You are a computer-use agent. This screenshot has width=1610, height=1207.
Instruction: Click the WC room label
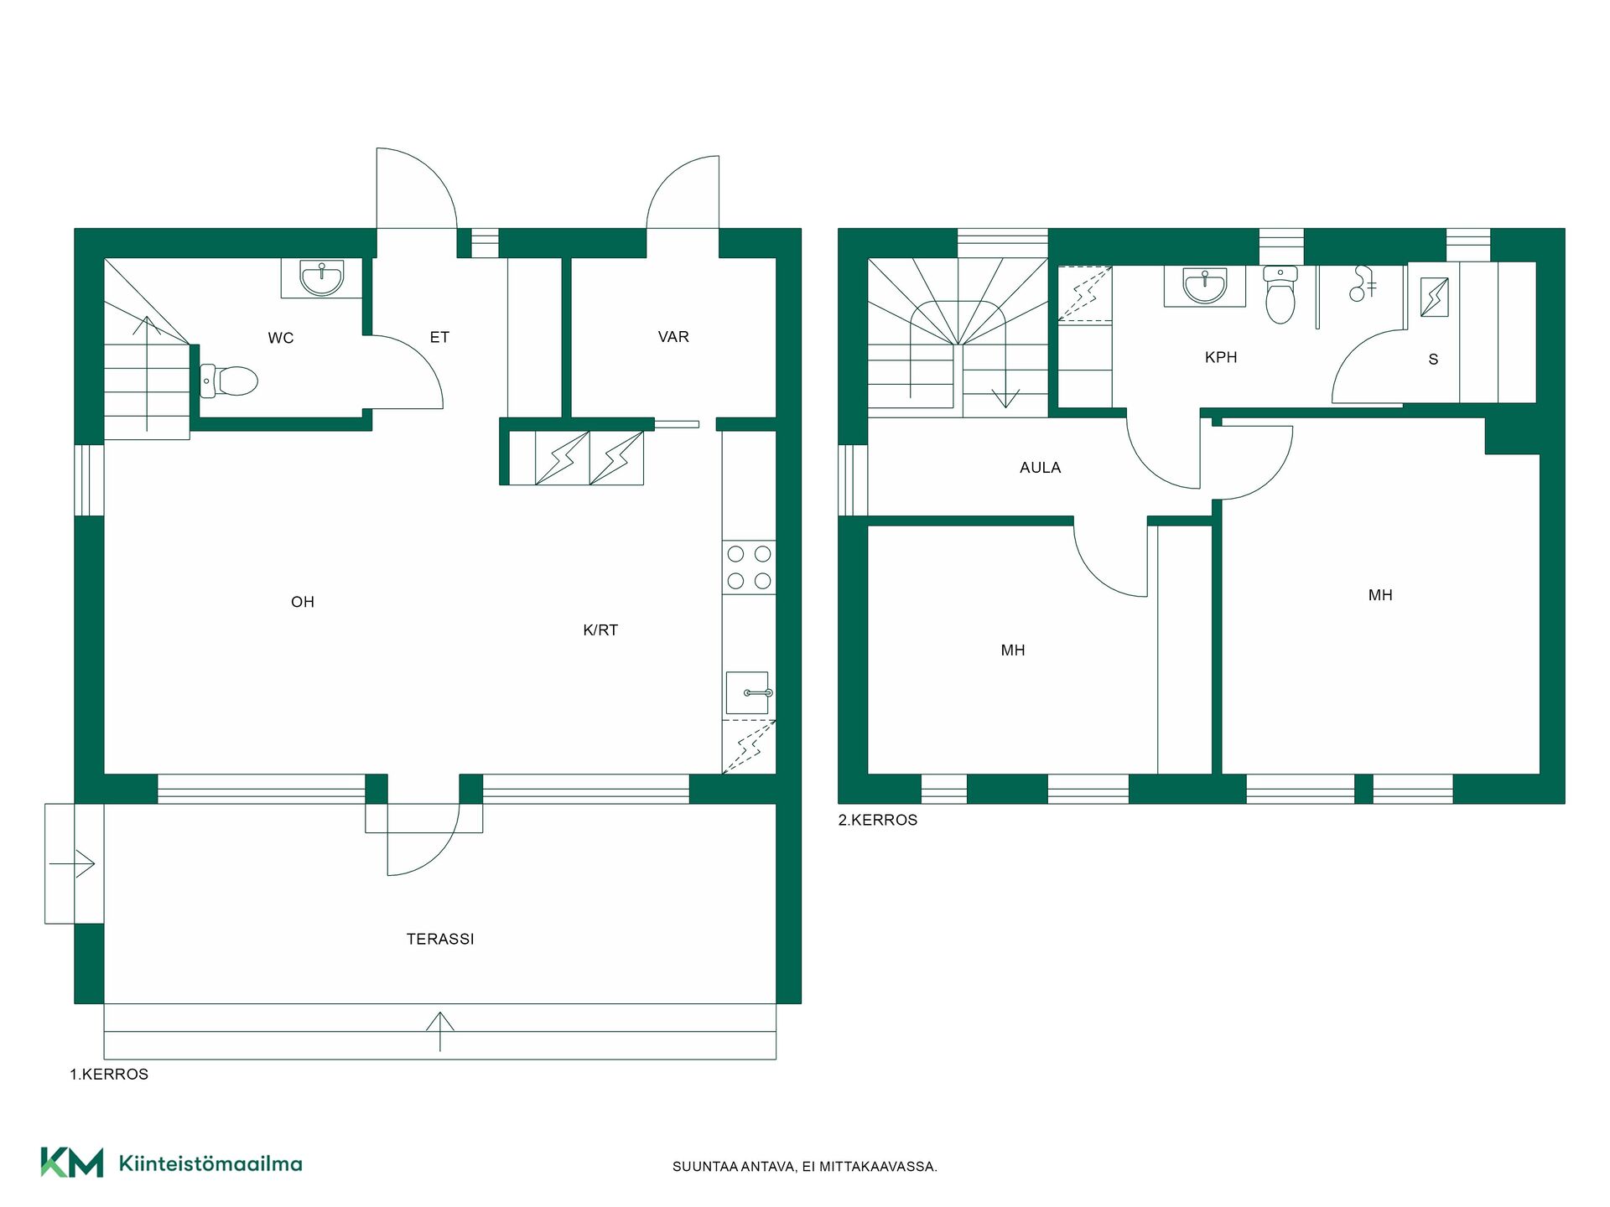[281, 338]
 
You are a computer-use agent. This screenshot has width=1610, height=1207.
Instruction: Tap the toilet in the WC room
[229, 381]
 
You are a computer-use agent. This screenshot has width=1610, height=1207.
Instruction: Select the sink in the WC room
[322, 278]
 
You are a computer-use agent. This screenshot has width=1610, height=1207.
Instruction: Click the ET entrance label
[439, 337]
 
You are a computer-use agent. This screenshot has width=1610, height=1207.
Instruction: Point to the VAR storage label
[673, 337]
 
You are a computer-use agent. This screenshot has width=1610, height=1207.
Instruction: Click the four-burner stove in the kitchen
[749, 567]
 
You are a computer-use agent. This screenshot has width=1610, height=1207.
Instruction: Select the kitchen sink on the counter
[748, 693]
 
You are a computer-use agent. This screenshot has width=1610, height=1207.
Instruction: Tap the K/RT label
[600, 630]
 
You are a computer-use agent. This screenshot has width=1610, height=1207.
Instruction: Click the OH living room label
[303, 602]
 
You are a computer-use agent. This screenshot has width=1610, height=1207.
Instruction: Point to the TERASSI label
[440, 940]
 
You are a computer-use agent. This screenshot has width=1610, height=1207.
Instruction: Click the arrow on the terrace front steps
[440, 1032]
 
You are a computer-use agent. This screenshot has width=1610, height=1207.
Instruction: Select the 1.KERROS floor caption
[109, 1075]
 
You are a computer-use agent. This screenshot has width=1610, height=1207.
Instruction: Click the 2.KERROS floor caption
[878, 821]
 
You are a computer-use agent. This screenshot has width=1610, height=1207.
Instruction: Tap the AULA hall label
[1041, 468]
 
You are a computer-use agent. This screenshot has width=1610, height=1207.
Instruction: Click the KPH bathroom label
[1221, 357]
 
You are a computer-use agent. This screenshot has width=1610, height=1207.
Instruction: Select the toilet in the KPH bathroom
[1280, 295]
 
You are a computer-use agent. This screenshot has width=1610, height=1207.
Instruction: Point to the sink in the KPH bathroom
[1205, 285]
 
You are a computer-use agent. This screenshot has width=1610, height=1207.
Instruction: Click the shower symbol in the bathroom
[1362, 283]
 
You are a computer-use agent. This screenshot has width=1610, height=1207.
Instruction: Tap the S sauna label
[1433, 360]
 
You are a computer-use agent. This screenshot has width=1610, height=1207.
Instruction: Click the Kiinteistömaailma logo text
[210, 1163]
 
